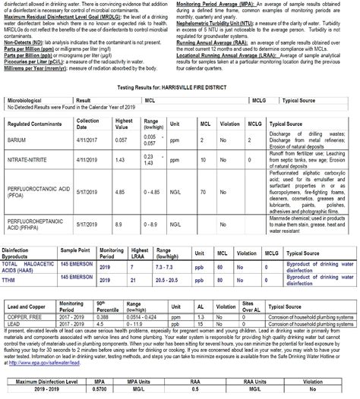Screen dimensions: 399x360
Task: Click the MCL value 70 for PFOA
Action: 204,193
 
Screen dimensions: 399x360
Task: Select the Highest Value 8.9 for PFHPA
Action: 119,225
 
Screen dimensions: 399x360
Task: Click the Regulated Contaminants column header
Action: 34,123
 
